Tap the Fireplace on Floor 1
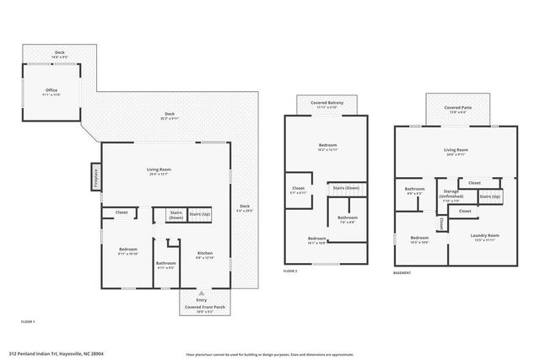(x=96, y=178)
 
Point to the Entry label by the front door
(x=202, y=300)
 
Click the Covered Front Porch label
(x=201, y=308)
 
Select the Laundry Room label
(x=487, y=236)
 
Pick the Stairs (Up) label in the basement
(x=491, y=196)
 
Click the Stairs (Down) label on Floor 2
(x=346, y=187)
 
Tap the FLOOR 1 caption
(x=27, y=322)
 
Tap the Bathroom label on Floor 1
(x=165, y=264)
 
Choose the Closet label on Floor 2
(x=298, y=188)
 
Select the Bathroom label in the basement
(x=413, y=190)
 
